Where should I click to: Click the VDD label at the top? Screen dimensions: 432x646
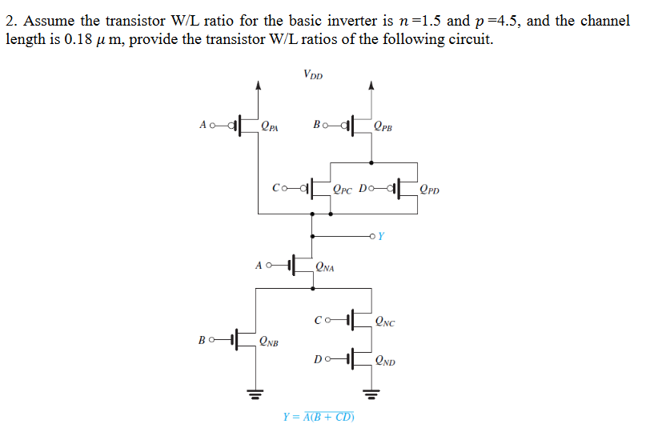click(x=313, y=75)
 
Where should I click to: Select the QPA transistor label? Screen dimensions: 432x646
click(x=271, y=126)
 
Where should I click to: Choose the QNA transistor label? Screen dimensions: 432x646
click(x=325, y=267)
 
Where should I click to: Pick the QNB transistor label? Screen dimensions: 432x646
click(x=270, y=342)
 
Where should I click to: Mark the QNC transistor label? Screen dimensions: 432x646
click(x=384, y=322)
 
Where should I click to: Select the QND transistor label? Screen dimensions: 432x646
click(x=384, y=360)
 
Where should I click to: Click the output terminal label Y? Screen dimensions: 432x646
click(x=381, y=236)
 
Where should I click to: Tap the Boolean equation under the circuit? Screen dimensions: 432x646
click(x=319, y=417)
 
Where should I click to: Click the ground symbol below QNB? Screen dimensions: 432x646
click(x=255, y=394)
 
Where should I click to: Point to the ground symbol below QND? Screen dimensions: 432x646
click(x=369, y=394)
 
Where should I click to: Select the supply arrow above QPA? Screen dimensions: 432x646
click(x=257, y=84)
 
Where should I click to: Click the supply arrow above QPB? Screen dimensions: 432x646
click(x=369, y=84)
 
